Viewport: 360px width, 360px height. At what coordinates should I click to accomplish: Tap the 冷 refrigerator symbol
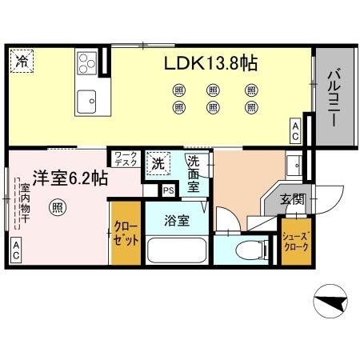tap(22, 61)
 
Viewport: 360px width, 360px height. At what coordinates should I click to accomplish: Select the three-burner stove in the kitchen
tap(86, 62)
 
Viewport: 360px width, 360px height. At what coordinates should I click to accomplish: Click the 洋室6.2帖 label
tap(70, 178)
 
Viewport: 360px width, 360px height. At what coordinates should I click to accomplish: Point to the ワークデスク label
tap(125, 158)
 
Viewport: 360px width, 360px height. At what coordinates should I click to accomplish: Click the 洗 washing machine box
tap(158, 164)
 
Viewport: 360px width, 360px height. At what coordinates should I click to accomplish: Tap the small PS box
tap(168, 190)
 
